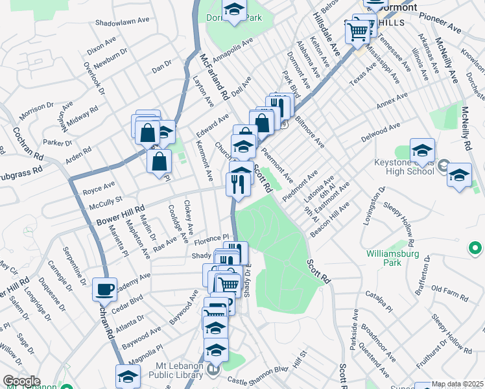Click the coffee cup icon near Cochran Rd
click(x=104, y=289)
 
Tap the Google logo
click(x=21, y=381)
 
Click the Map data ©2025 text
click(x=458, y=384)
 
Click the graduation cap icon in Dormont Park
click(x=233, y=9)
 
